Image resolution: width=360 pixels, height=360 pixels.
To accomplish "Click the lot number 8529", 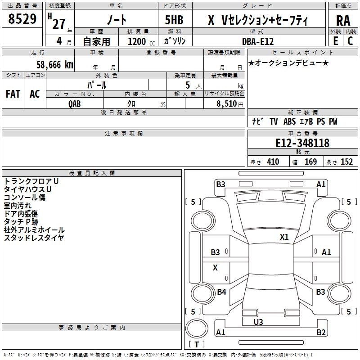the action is tap(22, 19).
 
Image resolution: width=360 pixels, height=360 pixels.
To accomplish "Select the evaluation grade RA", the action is tap(343, 21).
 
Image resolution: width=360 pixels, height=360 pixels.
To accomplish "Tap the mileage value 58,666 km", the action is tap(55, 65).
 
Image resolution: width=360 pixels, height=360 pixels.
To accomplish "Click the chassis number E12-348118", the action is tap(302, 143).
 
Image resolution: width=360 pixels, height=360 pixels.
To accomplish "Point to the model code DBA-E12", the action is tap(258, 41).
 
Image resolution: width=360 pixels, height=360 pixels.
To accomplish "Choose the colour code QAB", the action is tap(75, 104).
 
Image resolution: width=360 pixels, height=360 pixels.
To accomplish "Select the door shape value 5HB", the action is tap(174, 20).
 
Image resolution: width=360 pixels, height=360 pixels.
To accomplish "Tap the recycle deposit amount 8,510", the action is tap(226, 103).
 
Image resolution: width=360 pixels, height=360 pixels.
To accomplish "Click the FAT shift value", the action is tap(13, 94).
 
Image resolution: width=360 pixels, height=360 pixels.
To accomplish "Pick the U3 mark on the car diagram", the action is tap(258, 322).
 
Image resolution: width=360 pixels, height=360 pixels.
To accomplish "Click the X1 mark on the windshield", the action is tap(284, 237).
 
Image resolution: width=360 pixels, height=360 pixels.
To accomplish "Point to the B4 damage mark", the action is tap(221, 292).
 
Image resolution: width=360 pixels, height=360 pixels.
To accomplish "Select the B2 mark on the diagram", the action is tap(321, 332).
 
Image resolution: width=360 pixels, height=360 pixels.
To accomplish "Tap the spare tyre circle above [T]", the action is tap(197, 328).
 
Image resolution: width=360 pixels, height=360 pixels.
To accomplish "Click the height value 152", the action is tap(346, 162).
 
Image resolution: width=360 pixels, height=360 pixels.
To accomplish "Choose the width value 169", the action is tap(310, 162).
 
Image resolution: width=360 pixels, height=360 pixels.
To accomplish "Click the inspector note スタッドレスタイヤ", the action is tap(34, 238).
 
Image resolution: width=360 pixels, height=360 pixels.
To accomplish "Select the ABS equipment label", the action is tap(289, 121).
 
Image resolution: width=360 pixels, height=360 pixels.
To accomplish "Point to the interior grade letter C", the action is tap(350, 41).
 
